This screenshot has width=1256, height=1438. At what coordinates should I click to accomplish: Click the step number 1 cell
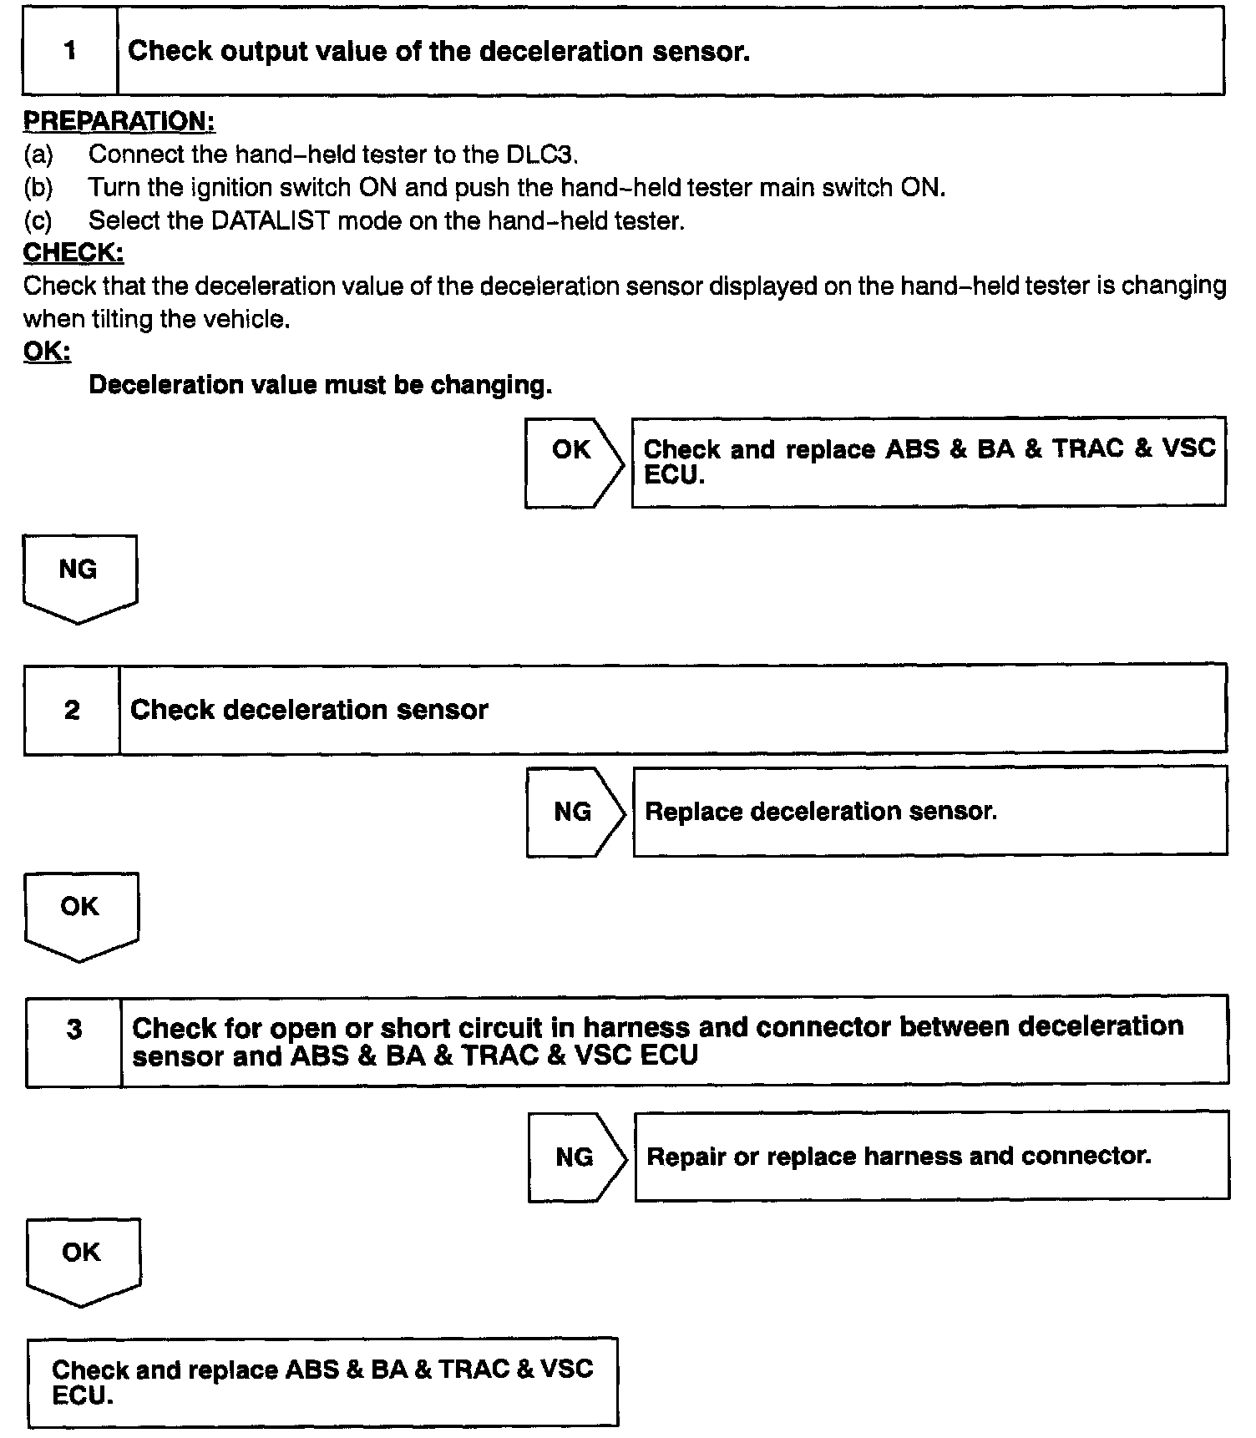pos(70,51)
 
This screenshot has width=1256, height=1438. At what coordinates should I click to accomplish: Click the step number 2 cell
pos(72,710)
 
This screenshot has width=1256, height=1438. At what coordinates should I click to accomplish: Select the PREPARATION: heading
pos(119,121)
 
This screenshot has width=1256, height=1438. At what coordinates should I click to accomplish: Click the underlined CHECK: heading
pos(73,252)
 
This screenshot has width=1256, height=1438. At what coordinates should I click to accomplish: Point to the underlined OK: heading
pos(47,352)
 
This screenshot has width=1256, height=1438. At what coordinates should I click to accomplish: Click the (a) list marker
pos(38,154)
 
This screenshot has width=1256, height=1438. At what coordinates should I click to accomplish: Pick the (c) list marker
pos(38,220)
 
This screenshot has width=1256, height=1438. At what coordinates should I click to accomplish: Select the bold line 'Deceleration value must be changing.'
pos(320,385)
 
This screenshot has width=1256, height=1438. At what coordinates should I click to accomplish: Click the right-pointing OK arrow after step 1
pos(573,462)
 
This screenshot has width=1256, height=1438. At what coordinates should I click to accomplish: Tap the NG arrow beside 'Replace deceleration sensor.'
pos(575,812)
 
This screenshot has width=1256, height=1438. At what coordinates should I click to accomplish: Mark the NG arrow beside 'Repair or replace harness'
pos(576,1157)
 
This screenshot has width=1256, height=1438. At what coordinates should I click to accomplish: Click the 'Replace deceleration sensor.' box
pos(929,812)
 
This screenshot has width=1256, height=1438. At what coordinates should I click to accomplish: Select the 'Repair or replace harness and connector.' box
pos(931,1157)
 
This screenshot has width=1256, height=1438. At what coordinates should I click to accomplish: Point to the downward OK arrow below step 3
pos(83,1261)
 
